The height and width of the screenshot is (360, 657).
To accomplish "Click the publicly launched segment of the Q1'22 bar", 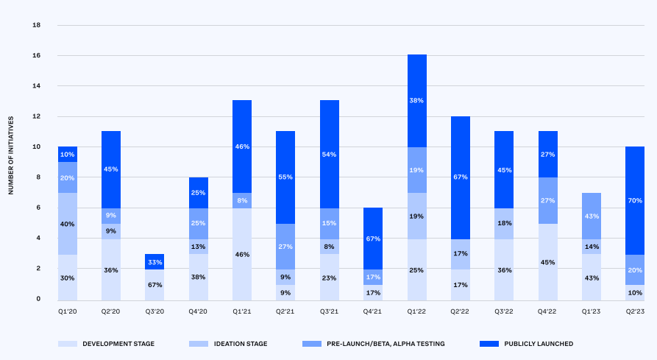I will click(x=416, y=101).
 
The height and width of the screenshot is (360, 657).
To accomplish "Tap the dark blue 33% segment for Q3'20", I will click(x=155, y=262).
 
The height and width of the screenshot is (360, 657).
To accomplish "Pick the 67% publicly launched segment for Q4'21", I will click(x=373, y=239).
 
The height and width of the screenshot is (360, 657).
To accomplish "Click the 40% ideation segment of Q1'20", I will click(x=68, y=224).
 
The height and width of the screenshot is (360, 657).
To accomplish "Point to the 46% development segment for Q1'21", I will click(x=242, y=254).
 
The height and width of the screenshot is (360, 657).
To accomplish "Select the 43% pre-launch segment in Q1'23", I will click(x=590, y=216).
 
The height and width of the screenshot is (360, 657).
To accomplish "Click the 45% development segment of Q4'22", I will click(x=547, y=261).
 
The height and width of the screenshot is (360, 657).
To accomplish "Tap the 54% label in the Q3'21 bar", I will click(x=330, y=154).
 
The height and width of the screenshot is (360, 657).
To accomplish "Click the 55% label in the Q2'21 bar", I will click(x=285, y=177).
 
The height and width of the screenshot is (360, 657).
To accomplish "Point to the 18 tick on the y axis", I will click(x=36, y=25).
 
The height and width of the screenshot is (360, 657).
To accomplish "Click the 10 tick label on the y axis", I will click(x=36, y=147).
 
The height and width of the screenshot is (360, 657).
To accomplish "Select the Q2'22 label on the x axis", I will click(x=460, y=311).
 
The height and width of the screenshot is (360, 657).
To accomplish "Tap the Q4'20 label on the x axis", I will click(x=198, y=311).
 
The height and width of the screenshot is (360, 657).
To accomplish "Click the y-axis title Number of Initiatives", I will click(x=11, y=162).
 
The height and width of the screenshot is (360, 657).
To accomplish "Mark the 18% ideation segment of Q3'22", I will click(x=503, y=223).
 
